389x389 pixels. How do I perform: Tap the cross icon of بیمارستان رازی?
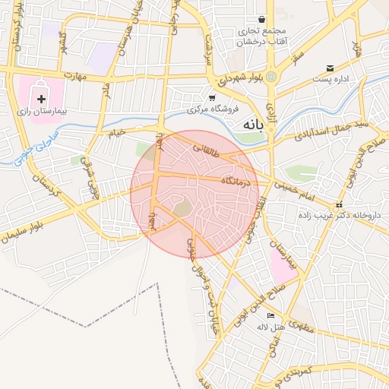click(41, 100)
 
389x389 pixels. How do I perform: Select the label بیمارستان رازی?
click(43, 112)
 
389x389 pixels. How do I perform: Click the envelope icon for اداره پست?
click(330, 68)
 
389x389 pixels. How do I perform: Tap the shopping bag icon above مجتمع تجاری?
click(262, 19)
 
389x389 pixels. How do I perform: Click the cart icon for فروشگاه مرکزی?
click(212, 97)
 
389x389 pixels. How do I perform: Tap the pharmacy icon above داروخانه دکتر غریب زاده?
click(339, 204)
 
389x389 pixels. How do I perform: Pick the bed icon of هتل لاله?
click(270, 316)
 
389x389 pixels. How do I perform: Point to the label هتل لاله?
click(270, 327)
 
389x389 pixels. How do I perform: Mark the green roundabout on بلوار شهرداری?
click(270, 77)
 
